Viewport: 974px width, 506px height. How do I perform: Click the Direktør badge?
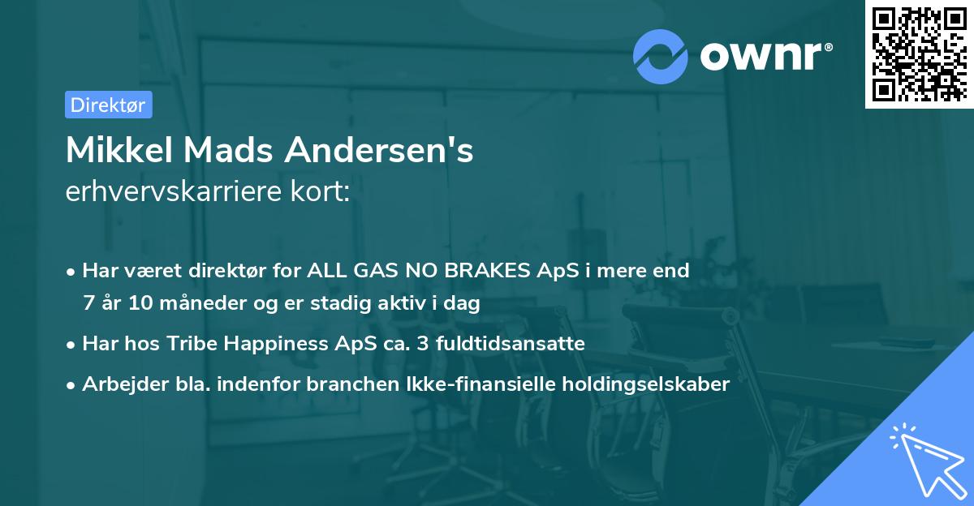(x=108, y=105)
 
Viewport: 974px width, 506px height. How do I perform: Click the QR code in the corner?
(x=918, y=54)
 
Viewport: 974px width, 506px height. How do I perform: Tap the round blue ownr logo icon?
(x=661, y=56)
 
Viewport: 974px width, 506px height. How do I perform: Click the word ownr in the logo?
(x=761, y=57)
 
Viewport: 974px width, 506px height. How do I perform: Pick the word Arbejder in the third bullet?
(x=116, y=384)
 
